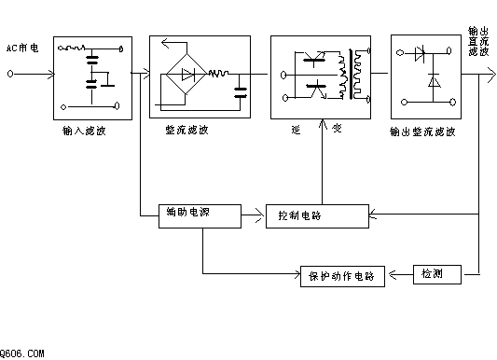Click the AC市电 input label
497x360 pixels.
22,48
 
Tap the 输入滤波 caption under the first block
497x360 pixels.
84,131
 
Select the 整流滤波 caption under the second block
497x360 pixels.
187,130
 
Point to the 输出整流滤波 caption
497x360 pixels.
422,132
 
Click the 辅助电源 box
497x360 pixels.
200,216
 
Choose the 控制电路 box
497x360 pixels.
317,216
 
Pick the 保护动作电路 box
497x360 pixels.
342,276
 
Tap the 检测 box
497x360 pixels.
437,274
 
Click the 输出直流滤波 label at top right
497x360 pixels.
478,42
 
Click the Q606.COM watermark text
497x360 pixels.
21,353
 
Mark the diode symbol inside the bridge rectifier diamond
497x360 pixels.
188,75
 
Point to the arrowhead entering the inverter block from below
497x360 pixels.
323,125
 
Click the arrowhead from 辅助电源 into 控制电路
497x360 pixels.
260,216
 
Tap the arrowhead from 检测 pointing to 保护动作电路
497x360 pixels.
393,275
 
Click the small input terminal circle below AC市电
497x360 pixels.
10,74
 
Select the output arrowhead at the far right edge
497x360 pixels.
490,75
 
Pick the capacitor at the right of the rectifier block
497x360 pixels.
240,92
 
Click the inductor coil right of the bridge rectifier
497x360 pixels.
218,74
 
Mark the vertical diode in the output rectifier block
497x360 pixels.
434,80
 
